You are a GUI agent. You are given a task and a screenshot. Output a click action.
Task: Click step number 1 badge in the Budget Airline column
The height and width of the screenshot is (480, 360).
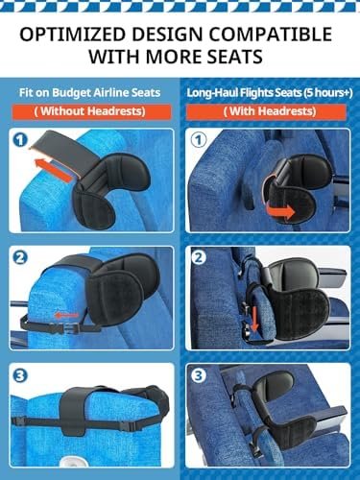[x=19, y=141]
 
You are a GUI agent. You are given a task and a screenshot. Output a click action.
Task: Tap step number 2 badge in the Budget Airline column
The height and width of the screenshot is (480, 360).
[x=19, y=257]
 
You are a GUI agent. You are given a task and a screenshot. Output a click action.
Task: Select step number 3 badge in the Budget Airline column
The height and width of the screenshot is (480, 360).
[x=19, y=375]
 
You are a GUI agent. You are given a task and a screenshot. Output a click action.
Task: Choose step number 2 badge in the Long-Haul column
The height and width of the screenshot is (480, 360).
[x=200, y=257]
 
